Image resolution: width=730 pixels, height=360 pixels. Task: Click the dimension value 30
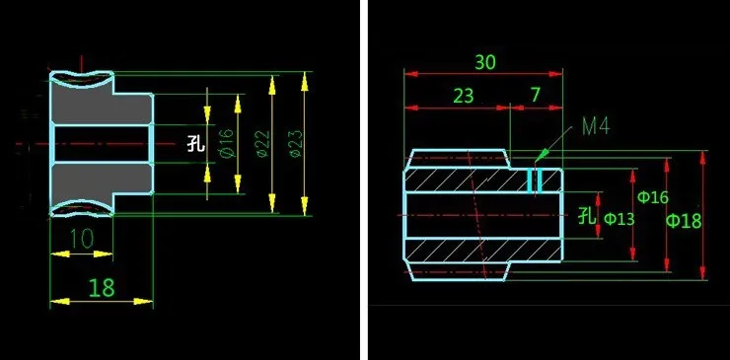pyautogui.click(x=484, y=62)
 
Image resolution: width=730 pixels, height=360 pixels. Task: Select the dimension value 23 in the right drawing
pyautogui.click(x=463, y=96)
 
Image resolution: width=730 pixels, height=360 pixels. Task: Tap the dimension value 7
pyautogui.click(x=536, y=95)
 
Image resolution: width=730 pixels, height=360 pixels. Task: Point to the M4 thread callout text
pyautogui.click(x=596, y=125)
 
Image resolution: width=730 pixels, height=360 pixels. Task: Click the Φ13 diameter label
pyautogui.click(x=619, y=218)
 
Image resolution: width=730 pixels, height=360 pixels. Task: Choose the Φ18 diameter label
pyautogui.click(x=684, y=220)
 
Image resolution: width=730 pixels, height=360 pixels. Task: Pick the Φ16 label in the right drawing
pyautogui.click(x=653, y=197)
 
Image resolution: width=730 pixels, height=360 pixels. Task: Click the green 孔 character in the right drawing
pyautogui.click(x=586, y=215)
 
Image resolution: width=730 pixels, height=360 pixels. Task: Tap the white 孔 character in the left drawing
pyautogui.click(x=195, y=143)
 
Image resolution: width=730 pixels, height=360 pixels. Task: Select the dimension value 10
pyautogui.click(x=82, y=239)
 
